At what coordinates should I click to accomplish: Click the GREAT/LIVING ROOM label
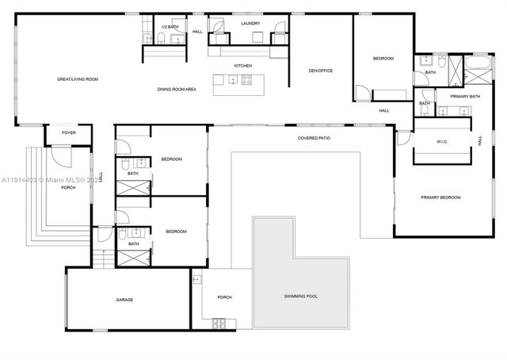click(77, 79)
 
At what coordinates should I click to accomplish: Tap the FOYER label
click(69, 132)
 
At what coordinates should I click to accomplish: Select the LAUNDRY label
click(250, 24)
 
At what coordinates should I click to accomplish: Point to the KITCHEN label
click(242, 65)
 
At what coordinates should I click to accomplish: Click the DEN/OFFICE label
click(321, 71)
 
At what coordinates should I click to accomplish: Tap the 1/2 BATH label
click(169, 27)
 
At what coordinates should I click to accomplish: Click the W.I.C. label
click(442, 143)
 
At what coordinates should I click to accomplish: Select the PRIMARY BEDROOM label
click(440, 197)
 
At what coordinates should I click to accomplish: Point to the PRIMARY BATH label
click(465, 97)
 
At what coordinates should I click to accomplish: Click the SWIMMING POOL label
click(301, 297)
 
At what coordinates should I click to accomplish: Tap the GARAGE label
click(124, 300)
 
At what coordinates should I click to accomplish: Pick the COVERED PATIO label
click(314, 138)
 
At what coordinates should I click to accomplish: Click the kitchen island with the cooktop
click(234, 79)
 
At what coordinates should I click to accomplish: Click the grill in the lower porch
click(219, 323)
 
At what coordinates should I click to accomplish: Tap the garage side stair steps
click(100, 259)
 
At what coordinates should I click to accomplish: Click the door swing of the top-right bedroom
click(361, 93)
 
